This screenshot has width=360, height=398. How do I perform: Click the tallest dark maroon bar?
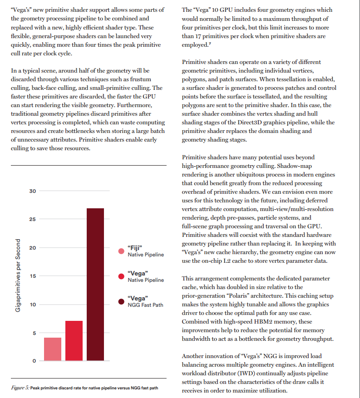(x=95, y=285)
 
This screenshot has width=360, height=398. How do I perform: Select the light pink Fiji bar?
(x=53, y=349)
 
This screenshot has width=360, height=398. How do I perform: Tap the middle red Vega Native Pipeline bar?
(x=74, y=341)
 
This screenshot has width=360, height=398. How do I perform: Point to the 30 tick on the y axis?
(x=32, y=191)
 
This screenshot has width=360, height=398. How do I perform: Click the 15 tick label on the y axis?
(x=32, y=276)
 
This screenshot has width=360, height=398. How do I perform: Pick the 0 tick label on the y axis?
(x=34, y=361)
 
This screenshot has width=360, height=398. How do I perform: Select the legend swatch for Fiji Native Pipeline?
(x=121, y=251)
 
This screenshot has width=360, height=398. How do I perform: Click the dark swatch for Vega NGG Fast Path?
(x=121, y=302)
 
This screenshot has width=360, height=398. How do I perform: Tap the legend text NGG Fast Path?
(x=146, y=305)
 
